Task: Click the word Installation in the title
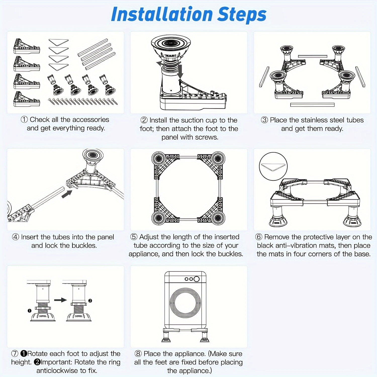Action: pos(162,14)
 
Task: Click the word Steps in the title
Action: pos(242,15)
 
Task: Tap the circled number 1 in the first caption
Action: pos(24,120)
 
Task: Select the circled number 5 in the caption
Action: pos(134,237)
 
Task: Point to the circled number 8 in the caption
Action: pos(138,354)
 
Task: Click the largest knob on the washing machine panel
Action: pos(197,279)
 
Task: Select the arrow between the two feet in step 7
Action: pos(60,300)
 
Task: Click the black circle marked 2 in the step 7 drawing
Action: pos(90,301)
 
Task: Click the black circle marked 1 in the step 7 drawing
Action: pos(29,311)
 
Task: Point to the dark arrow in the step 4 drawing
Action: pos(67,194)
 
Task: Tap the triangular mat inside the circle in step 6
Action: pos(273,167)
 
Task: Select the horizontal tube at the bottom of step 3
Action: pos(312,105)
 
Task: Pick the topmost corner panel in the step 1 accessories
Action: pos(26,46)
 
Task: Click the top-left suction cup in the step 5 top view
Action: pos(159,159)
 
